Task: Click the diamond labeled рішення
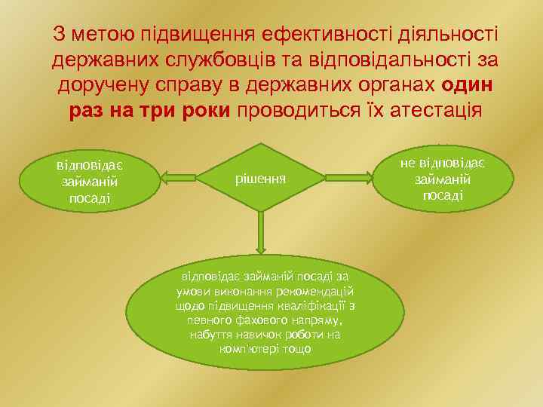click(x=261, y=179)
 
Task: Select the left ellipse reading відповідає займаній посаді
click(x=89, y=180)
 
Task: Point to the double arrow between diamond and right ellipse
click(x=348, y=179)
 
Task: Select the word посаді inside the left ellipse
click(x=89, y=197)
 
